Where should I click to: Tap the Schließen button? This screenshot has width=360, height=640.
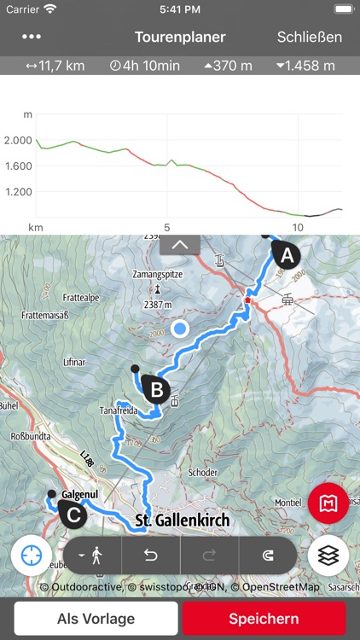(x=309, y=37)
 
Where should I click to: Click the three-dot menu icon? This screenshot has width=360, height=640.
(x=32, y=37)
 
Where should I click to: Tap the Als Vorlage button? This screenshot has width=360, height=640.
(x=96, y=619)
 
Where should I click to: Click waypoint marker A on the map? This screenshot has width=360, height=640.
(x=285, y=254)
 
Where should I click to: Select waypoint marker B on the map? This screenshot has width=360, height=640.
(x=156, y=390)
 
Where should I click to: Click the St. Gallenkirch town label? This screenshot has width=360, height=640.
(x=183, y=520)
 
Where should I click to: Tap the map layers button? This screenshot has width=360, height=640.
(x=329, y=554)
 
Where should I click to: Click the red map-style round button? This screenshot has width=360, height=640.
(x=328, y=503)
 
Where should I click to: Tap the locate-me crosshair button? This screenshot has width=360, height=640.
(x=32, y=555)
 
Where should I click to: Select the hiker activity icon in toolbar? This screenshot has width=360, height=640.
(x=92, y=555)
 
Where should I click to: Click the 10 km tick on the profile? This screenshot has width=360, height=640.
(x=298, y=227)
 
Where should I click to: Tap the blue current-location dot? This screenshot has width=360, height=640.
(x=179, y=328)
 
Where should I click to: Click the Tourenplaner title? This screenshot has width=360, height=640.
(x=180, y=37)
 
